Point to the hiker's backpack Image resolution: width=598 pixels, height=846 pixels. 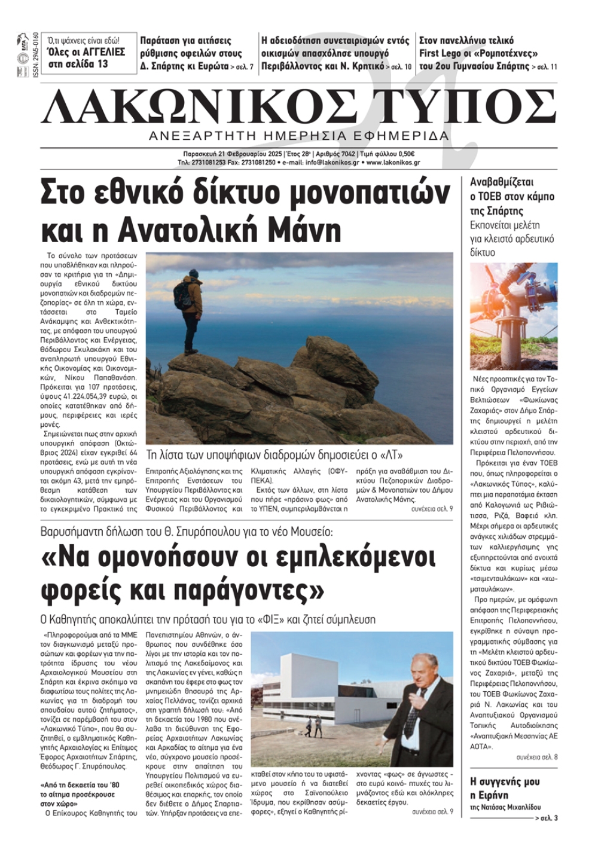pos(181,294)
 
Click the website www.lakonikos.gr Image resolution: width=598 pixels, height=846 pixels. pos(393,162)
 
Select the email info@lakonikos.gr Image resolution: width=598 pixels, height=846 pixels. pos(332,162)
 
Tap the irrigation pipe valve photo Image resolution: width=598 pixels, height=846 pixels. pos(514,315)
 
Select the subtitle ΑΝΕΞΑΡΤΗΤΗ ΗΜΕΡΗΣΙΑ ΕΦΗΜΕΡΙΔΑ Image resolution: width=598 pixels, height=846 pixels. pos(299,136)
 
